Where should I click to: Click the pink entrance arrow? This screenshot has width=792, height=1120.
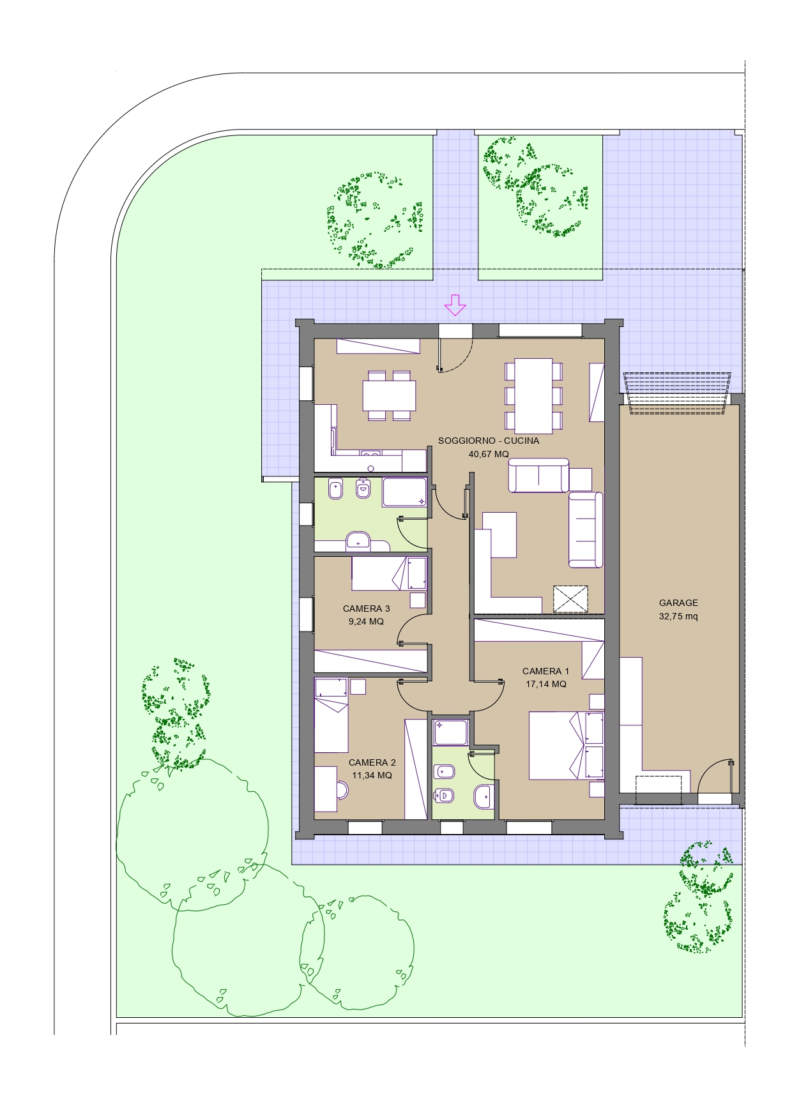[x=455, y=305]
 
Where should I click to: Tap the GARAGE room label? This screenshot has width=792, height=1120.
[x=678, y=603]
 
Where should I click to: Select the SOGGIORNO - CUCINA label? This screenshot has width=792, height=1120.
[x=489, y=441]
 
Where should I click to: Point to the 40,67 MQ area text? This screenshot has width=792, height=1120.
[x=489, y=454]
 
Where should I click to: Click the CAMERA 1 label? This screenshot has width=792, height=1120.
[x=545, y=671]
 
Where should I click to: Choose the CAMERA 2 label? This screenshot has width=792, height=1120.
[x=372, y=762]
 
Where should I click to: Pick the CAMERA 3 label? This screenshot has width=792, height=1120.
[x=366, y=609]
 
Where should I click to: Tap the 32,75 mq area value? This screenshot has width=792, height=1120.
[x=678, y=616]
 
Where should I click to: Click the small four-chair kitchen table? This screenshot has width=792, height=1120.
[x=389, y=396]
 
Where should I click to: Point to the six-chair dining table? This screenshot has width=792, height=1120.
[x=534, y=396]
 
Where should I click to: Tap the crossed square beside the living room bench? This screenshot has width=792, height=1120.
[x=570, y=599]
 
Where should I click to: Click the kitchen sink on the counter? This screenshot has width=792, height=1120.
[x=370, y=454]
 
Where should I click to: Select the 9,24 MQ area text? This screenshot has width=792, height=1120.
[x=366, y=621]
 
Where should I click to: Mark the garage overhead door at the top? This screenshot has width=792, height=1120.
[x=677, y=393]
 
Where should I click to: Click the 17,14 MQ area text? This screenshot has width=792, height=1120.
[x=545, y=684]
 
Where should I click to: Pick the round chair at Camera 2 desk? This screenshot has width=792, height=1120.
[x=342, y=791]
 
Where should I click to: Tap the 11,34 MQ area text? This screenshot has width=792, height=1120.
[x=372, y=775]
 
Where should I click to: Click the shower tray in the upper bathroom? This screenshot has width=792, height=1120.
[x=404, y=493]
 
